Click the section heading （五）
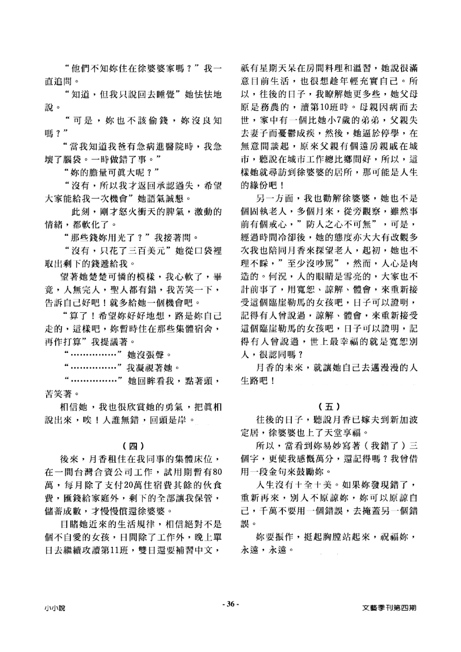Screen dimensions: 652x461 pos(329,406)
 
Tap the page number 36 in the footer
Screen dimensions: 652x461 pos(230,604)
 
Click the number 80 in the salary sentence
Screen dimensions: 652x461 pos(217,472)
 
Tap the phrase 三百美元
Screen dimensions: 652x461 pos(152,251)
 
